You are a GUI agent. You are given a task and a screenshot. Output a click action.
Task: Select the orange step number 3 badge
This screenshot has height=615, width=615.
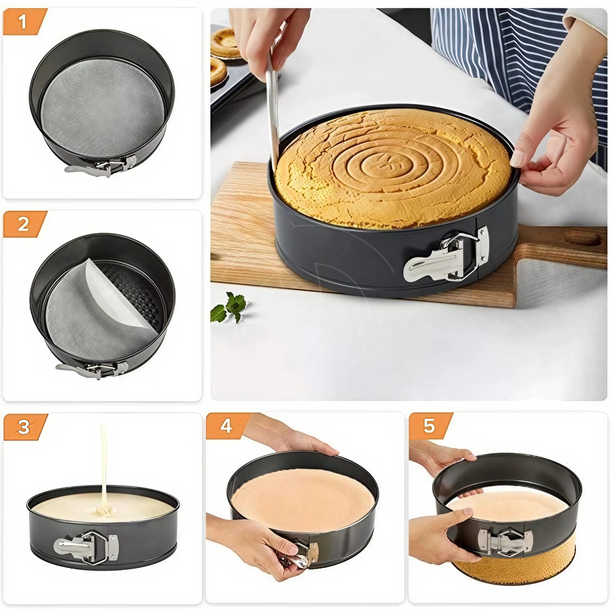coord(24,427)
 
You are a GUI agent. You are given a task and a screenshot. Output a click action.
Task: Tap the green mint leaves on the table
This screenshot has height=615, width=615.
coord(229,307)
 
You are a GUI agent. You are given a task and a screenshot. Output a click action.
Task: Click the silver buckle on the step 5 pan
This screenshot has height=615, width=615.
coord(505,542)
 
